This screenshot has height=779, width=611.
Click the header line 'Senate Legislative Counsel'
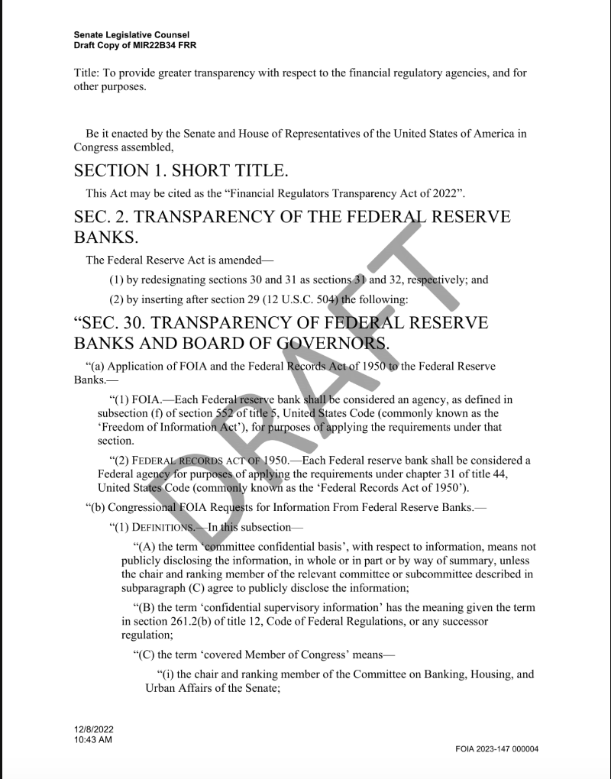131,35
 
